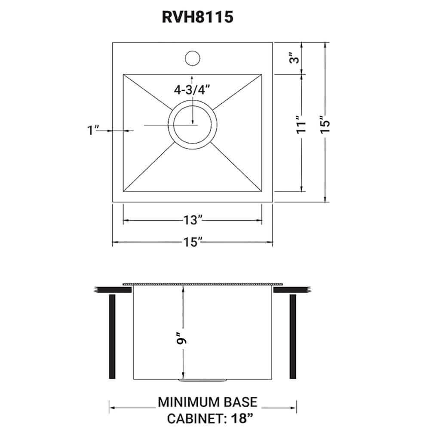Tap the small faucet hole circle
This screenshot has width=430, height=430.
click(x=192, y=58)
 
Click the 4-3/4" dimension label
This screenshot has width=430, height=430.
click(x=191, y=90)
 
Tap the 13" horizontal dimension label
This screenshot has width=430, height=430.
click(x=192, y=221)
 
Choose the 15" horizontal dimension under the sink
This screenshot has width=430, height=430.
click(x=192, y=243)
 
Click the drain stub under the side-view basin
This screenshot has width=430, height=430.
click(x=203, y=381)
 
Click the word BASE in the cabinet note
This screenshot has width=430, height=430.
click(x=242, y=402)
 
